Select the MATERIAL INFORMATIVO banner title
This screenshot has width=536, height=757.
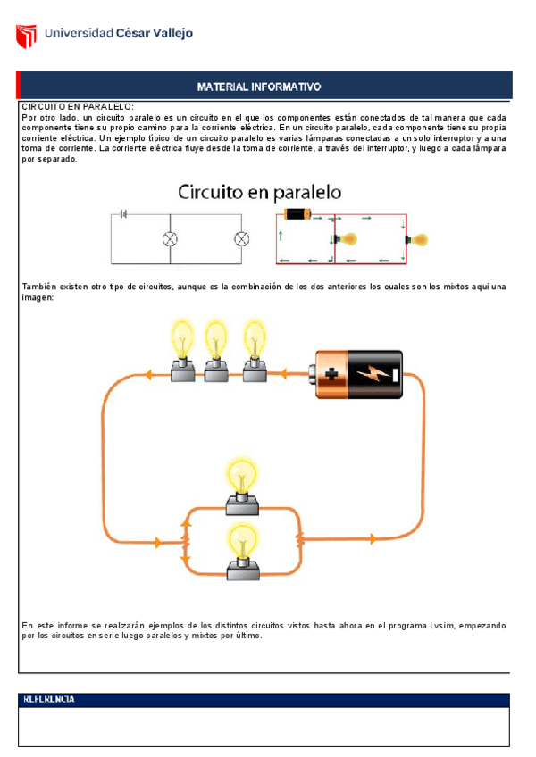click(259, 87)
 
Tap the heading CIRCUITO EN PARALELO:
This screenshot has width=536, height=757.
click(78, 107)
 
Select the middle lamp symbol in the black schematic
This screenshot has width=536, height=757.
click(170, 238)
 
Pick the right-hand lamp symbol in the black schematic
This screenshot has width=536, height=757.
click(240, 238)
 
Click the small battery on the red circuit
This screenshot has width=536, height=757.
click(297, 214)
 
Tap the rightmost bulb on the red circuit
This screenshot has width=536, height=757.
click(416, 239)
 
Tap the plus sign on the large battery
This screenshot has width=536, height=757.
click(331, 374)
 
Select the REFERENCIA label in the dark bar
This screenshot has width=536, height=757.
click(49, 700)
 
